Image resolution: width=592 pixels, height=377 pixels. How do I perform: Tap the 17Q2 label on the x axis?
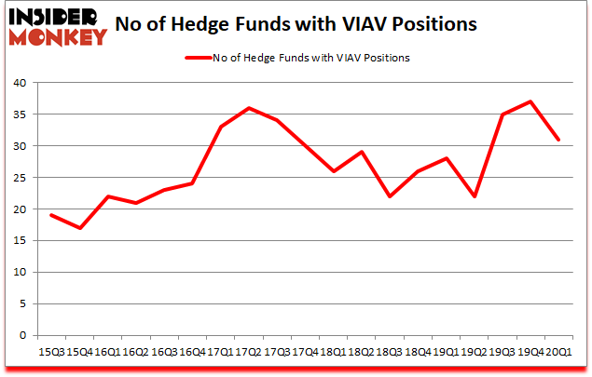pos(249,353)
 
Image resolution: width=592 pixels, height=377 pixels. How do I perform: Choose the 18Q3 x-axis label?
pos(389,353)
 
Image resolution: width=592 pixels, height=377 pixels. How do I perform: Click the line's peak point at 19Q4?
pos(530,101)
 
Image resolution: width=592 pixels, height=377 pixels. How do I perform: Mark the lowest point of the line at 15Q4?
pos(81,228)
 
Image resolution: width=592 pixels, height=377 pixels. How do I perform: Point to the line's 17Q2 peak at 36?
pos(249,108)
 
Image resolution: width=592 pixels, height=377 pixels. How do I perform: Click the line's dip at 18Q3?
pos(389,196)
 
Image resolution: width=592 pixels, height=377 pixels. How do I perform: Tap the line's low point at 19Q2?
pos(474,196)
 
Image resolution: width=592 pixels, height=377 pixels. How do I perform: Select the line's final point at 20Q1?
pos(558,140)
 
